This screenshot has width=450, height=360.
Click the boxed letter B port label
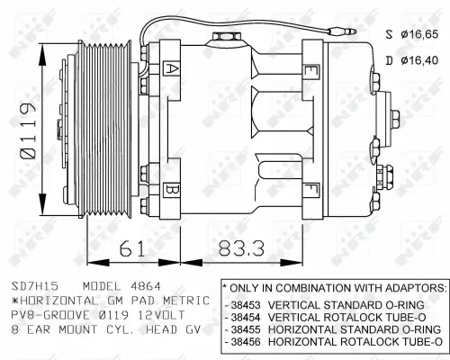tap(172, 188)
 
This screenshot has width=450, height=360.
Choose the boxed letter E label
tap(310, 69)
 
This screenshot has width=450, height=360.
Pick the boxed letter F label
tap(310, 188)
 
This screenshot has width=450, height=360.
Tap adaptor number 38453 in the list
tap(247, 304)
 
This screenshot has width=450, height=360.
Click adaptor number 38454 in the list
tap(247, 317)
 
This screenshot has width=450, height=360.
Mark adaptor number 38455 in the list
tap(247, 329)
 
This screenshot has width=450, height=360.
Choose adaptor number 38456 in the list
tap(247, 342)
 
